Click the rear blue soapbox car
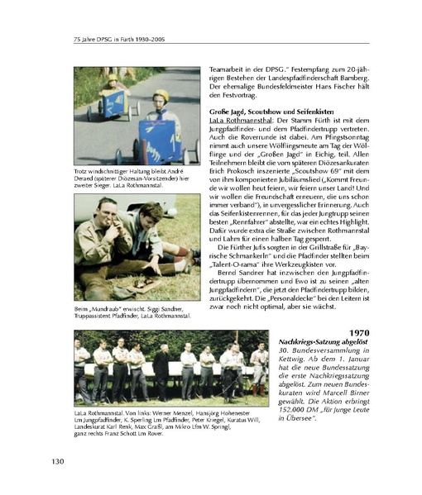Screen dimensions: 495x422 coord(106,103)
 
